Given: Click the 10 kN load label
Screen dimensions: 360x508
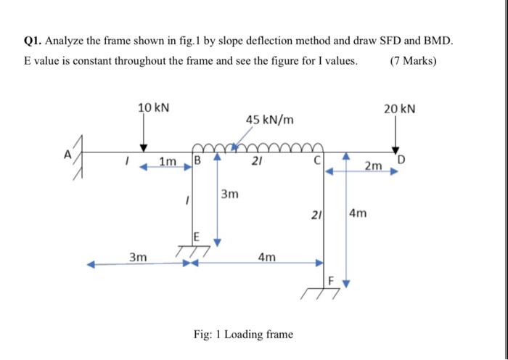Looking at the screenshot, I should coord(153,107).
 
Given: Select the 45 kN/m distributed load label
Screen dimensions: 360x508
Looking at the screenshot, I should coord(269,118).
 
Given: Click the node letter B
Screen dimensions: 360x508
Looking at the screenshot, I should coord(195,161).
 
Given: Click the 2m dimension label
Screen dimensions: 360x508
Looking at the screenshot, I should coord(372,167).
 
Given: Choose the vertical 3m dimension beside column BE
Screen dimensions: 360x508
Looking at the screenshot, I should coord(229,195).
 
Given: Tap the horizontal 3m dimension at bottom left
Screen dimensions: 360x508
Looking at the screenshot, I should coord(138,257).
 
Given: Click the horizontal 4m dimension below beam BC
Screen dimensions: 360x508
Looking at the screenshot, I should coord(267,257).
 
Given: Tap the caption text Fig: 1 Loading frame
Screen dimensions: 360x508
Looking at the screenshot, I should coord(244,335).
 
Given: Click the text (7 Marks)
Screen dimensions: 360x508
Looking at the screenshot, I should coord(413,60).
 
